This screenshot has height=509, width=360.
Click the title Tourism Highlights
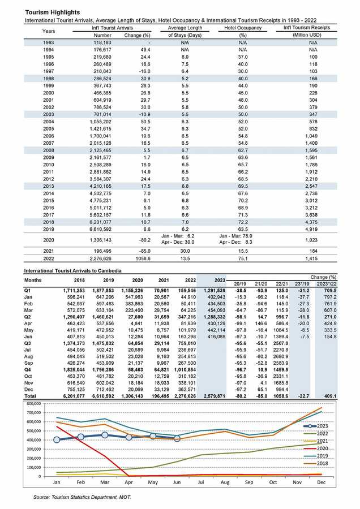click(45, 12)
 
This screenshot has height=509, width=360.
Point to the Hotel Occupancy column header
click(243, 28)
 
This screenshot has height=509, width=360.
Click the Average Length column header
click(185, 28)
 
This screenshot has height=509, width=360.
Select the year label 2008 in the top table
click(49, 151)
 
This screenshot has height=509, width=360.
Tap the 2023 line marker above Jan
click(57, 439)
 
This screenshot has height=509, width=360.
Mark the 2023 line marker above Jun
click(178, 438)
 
